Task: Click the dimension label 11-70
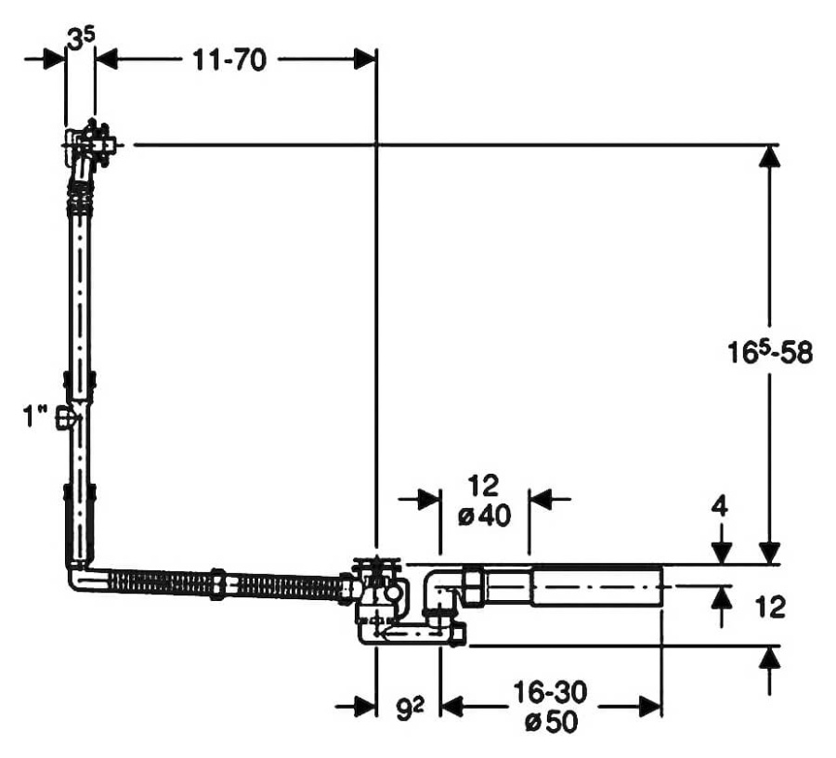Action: tap(230, 61)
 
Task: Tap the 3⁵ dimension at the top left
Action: tap(80, 39)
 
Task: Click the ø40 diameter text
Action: tap(484, 516)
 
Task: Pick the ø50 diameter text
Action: tap(550, 723)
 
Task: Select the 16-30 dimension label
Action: tap(550, 693)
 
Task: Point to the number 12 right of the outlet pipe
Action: tap(770, 607)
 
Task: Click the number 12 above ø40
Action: tap(484, 485)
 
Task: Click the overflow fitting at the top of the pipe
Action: tap(90, 145)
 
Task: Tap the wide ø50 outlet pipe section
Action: tap(594, 587)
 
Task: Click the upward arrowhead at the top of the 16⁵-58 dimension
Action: tap(768, 158)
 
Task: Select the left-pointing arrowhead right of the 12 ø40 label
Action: tap(542, 500)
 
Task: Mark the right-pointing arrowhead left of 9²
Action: tap(363, 708)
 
